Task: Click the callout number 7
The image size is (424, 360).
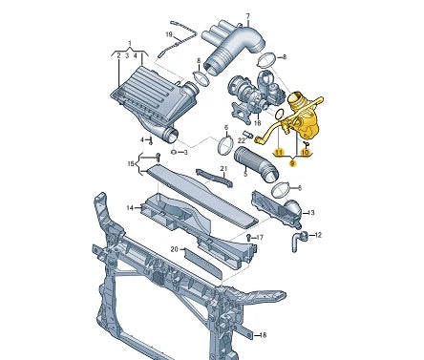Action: (x=248, y=16)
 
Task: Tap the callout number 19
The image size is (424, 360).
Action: (x=169, y=34)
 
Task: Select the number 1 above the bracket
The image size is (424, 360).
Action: (x=130, y=43)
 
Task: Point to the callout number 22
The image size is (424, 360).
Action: (x=242, y=140)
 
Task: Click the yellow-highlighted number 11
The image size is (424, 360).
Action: (x=279, y=152)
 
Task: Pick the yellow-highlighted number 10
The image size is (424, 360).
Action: (x=305, y=153)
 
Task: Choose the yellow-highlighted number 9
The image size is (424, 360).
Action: (x=292, y=163)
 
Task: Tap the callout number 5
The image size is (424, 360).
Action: (x=245, y=174)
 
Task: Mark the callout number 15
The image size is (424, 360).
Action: (x=131, y=163)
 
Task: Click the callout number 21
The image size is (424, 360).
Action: (x=223, y=168)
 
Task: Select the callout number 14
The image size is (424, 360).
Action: (x=130, y=208)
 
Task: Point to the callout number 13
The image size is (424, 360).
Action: (x=310, y=212)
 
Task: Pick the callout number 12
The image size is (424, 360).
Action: (x=318, y=235)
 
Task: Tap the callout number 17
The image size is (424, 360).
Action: (x=260, y=237)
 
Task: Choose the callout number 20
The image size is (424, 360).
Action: (x=174, y=249)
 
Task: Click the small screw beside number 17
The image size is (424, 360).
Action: (x=249, y=237)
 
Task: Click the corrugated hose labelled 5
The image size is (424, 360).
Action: (x=256, y=164)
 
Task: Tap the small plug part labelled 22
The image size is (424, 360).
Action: (x=248, y=134)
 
